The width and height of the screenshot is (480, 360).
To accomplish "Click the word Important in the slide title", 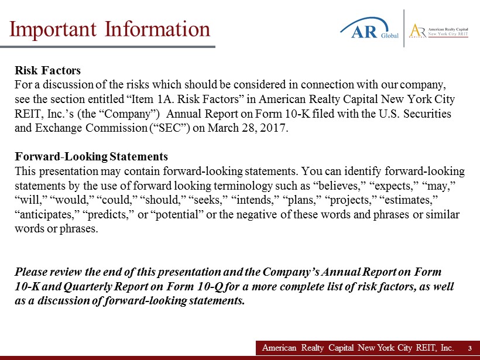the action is pos(53,30).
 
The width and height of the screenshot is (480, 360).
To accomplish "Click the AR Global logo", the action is pos(369,28).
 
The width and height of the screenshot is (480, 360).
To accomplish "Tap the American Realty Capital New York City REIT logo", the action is pos(439,30).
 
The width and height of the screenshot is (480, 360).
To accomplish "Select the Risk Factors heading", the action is pos(48,70).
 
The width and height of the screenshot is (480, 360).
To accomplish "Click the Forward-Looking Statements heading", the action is pos(91,156).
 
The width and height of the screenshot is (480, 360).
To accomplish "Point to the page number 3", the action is pos(470,348).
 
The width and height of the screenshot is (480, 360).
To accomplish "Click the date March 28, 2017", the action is pos(248,128).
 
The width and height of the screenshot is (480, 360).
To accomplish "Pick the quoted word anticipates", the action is pos(47,214).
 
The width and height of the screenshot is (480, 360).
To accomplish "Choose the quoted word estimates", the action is pos(409,200).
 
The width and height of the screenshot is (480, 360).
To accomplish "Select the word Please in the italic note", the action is pos(31,272).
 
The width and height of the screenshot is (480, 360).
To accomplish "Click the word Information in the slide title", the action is pos(157,30).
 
